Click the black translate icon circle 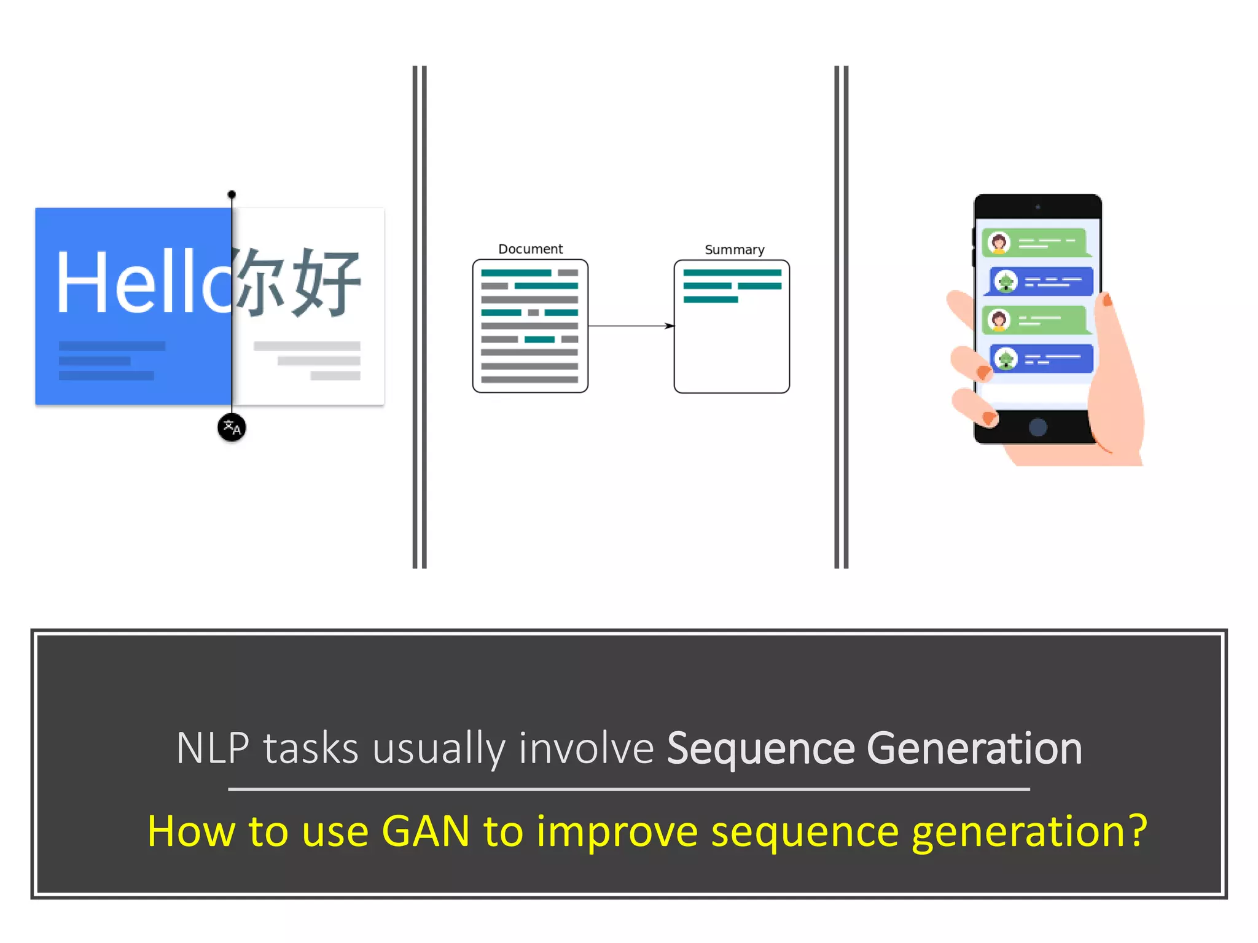(232, 427)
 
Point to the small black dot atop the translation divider (232, 195)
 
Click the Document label (530, 249)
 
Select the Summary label (734, 250)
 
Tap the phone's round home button (1037, 427)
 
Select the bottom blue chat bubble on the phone (1042, 359)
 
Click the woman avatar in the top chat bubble (999, 243)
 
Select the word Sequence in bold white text (760, 749)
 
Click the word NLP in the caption (213, 749)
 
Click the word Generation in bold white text (974, 749)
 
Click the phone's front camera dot (1037, 207)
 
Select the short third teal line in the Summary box (711, 300)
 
